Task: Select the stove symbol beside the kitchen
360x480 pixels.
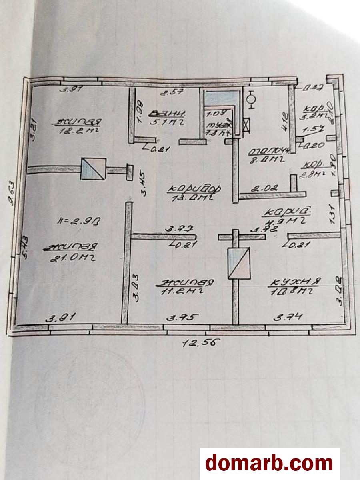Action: pos(238,263)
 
